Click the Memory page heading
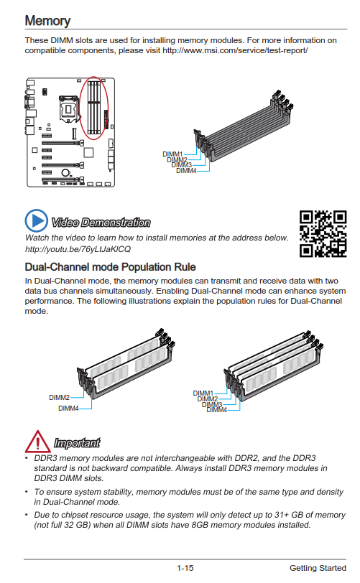[47, 21]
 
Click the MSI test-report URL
[235, 50]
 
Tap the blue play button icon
[37, 220]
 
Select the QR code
[323, 234]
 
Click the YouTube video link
[78, 249]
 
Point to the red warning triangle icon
[37, 442]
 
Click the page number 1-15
[185, 568]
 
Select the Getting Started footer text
[318, 568]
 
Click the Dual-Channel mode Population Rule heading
[110, 267]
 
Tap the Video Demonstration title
[101, 223]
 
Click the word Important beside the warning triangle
[77, 443]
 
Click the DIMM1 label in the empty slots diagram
[172, 154]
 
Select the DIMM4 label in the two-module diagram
[68, 409]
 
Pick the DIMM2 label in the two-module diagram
[59, 398]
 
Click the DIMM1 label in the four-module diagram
[203, 393]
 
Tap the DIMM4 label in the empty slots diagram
[186, 171]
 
